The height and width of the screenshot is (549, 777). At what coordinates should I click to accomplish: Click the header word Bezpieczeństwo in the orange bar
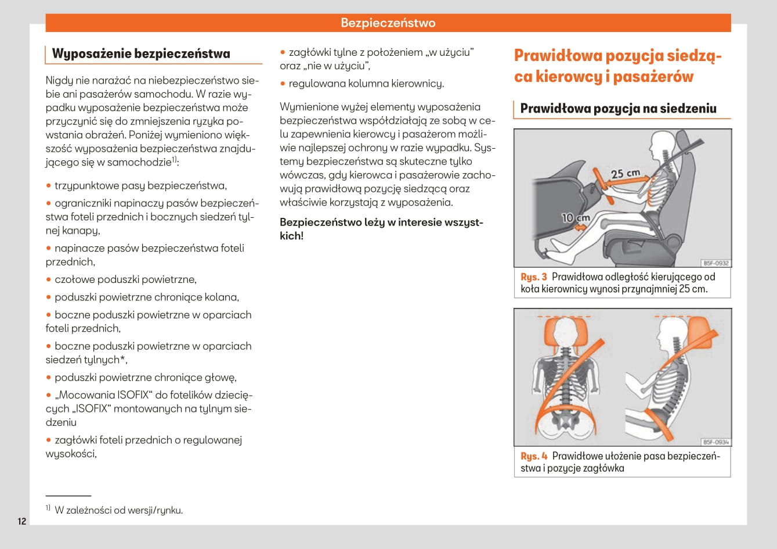click(x=388, y=23)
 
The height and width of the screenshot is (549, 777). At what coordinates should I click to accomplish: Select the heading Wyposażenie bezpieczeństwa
click(x=141, y=54)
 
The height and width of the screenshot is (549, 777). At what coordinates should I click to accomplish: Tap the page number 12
click(x=21, y=521)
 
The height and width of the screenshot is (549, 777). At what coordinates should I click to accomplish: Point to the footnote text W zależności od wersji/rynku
click(x=118, y=511)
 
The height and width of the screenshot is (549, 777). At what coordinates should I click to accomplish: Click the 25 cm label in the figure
click(x=625, y=173)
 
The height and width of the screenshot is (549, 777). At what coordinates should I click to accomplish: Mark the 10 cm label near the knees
click(x=575, y=218)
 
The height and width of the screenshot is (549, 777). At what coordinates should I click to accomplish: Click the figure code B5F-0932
click(x=715, y=263)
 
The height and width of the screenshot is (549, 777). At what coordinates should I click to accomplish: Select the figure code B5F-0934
click(x=715, y=442)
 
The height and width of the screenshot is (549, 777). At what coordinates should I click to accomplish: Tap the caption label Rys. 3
click(x=534, y=277)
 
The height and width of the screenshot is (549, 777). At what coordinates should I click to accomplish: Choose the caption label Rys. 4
click(x=534, y=456)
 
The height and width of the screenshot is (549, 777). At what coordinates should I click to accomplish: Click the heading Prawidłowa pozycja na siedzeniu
click(x=618, y=109)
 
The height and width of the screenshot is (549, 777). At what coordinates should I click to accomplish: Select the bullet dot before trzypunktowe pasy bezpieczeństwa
click(x=49, y=186)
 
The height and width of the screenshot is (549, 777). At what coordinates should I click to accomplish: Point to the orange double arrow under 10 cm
click(x=580, y=228)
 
